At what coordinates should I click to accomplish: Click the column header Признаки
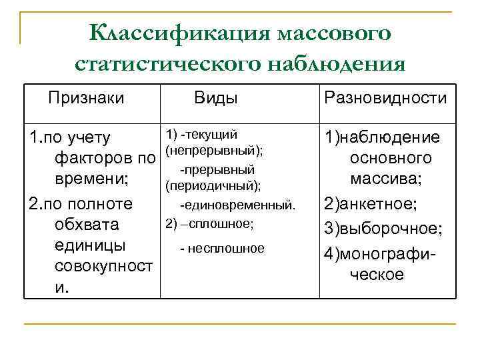tap(86, 98)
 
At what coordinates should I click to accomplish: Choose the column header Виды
tap(216, 98)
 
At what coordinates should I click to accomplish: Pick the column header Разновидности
tap(385, 98)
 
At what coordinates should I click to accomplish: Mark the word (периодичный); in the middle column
tap(213, 184)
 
